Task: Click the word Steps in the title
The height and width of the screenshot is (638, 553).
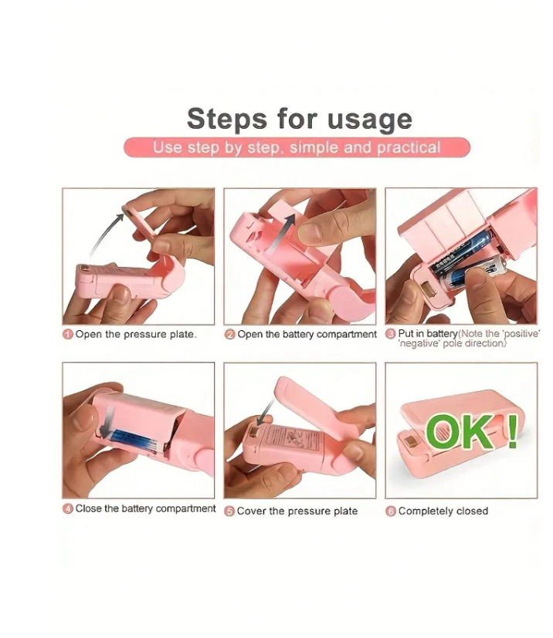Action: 227,119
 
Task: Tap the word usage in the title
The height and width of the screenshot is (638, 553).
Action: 370,121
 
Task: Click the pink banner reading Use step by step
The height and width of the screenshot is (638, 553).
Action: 297,147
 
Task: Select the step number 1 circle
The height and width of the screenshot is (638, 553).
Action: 68,335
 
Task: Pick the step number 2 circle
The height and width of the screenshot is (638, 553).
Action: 229,335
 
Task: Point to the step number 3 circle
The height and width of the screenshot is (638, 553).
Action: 391,333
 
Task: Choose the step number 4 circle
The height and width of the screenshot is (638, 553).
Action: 68,508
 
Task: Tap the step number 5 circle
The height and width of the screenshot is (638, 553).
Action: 229,511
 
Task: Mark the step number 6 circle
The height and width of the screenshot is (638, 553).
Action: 391,511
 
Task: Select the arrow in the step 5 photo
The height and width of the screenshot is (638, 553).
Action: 265,412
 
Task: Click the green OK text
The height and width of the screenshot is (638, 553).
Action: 460,431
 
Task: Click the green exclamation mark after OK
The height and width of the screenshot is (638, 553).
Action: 513,431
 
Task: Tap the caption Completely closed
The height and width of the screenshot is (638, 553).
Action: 443,511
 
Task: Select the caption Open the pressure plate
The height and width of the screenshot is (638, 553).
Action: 136,335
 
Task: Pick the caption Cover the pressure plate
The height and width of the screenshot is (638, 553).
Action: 297,511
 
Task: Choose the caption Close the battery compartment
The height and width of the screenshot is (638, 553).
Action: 145,508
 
